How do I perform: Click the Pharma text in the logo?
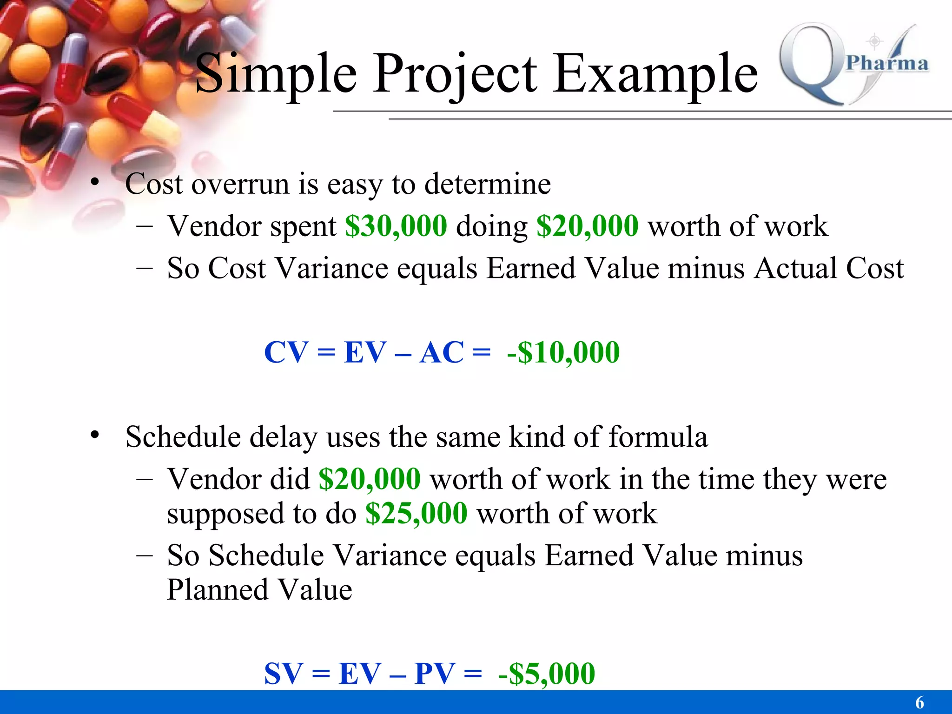[886, 63]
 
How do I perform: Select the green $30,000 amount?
[396, 226]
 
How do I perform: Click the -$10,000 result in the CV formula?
[563, 352]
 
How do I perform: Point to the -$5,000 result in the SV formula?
[546, 674]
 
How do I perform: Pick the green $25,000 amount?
[416, 514]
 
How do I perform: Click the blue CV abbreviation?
[286, 352]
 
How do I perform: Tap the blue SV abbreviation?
[284, 674]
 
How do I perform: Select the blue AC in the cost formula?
[442, 352]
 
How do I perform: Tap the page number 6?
[919, 702]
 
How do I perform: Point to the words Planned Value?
[259, 590]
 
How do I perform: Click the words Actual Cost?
[829, 269]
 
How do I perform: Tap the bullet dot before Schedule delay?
[95, 435]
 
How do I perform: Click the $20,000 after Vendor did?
[370, 479]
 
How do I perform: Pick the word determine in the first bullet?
[488, 184]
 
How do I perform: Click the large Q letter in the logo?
[811, 63]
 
